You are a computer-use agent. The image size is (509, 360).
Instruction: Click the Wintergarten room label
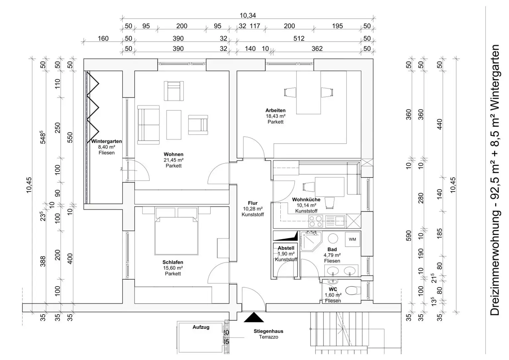click(x=107, y=141)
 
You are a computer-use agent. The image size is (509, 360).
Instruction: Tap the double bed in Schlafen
click(x=176, y=236)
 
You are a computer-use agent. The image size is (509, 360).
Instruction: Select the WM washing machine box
click(x=353, y=239)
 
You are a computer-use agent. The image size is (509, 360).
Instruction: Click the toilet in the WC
click(x=353, y=290)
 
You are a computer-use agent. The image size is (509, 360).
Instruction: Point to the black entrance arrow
click(x=254, y=317)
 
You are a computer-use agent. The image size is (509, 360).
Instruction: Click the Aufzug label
click(x=201, y=327)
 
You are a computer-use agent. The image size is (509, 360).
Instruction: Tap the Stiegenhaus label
click(x=268, y=331)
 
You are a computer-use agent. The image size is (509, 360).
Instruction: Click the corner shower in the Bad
click(x=311, y=241)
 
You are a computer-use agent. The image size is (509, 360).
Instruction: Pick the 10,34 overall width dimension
click(x=248, y=16)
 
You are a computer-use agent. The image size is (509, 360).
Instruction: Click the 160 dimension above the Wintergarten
click(x=103, y=38)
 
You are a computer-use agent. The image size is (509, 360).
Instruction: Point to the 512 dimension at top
click(x=299, y=38)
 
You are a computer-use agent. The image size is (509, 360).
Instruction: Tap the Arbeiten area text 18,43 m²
click(x=276, y=116)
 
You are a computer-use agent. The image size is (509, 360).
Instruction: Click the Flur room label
click(x=253, y=203)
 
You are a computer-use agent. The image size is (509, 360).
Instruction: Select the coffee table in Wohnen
click(x=174, y=125)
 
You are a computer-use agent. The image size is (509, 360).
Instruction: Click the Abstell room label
click(x=286, y=248)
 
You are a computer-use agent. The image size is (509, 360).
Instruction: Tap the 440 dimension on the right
click(x=440, y=124)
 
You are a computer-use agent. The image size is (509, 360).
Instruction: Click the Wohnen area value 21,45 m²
click(x=174, y=160)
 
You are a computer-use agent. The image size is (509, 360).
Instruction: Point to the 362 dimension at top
click(x=317, y=49)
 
